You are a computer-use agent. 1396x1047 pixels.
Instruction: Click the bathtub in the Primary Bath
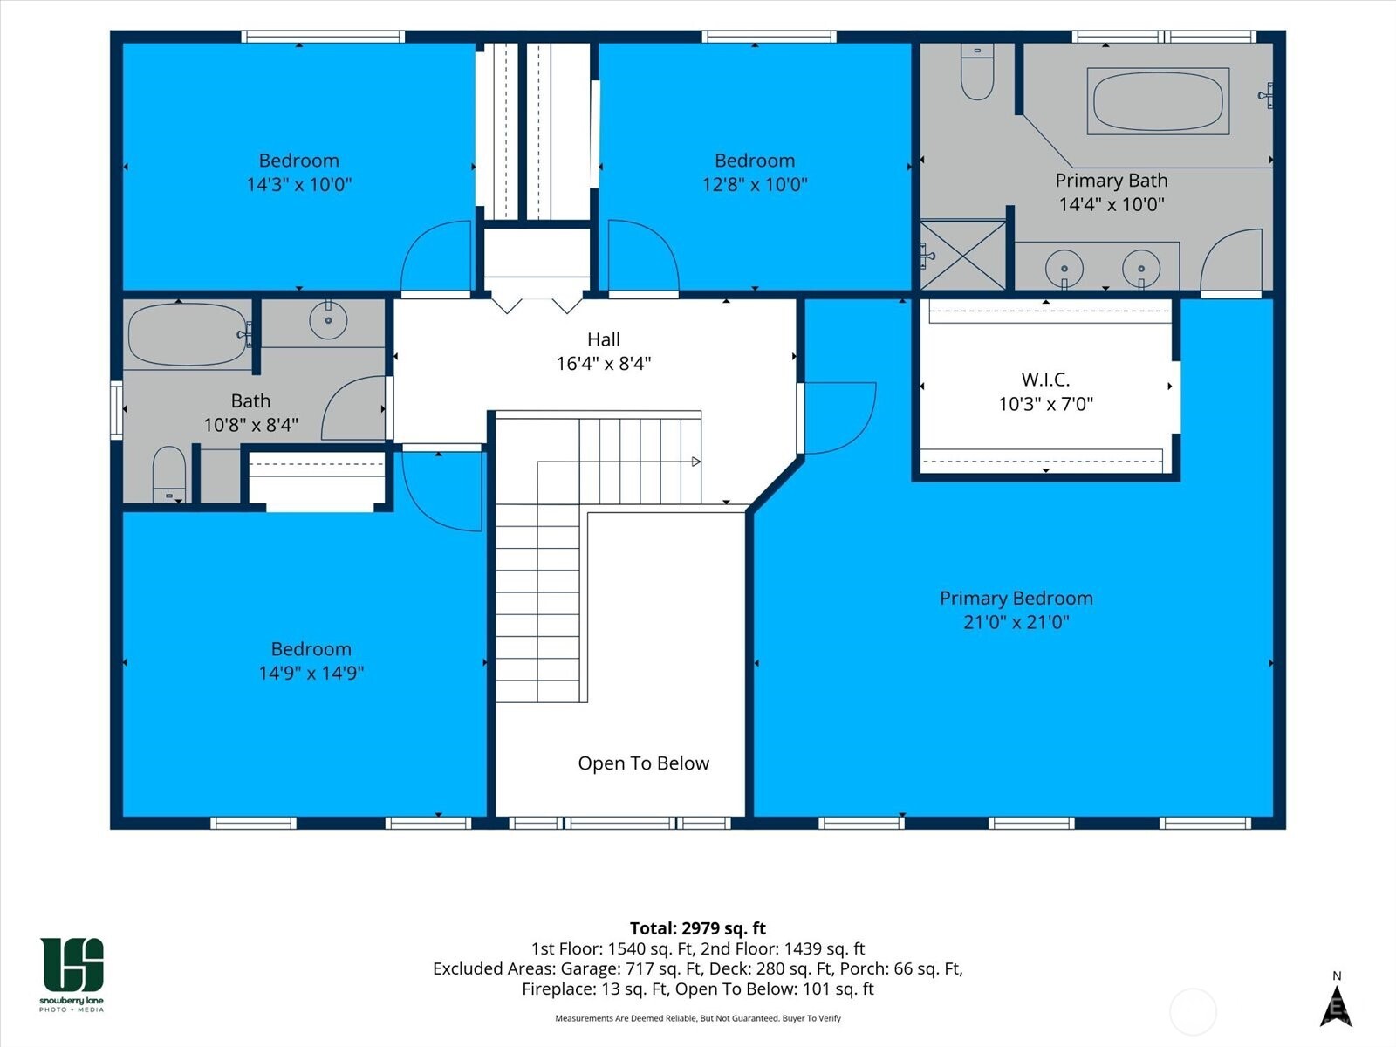coord(1158,101)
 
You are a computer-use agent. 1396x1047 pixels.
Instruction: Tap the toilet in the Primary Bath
coord(977,72)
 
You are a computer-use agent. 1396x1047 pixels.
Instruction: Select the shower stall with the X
coord(963,255)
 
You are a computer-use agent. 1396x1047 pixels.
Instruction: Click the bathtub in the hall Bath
coord(189,334)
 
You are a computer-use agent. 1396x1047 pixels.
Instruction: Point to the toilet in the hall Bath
coord(169,475)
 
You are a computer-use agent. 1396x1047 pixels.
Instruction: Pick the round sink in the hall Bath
coord(328,319)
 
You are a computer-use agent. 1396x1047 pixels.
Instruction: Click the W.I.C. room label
coord(1045,380)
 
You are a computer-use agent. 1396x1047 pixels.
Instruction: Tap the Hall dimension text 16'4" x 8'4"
coord(604,364)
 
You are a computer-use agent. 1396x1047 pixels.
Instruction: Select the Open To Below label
coord(644,763)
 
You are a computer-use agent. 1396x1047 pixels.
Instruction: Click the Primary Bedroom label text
coord(1016,599)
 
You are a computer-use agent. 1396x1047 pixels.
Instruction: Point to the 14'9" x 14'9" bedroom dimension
coord(311,673)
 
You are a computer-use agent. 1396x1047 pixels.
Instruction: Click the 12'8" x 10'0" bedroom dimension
coord(755,184)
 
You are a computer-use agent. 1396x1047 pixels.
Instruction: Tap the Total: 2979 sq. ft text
coord(698,928)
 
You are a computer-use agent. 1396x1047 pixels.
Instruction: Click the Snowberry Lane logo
coord(72,973)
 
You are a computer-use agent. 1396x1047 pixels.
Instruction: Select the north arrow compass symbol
coord(1336,1004)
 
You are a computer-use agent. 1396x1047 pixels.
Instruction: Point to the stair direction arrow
coord(695,462)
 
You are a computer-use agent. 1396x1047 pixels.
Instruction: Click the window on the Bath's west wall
coord(116,410)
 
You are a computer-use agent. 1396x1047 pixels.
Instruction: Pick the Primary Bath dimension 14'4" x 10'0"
coord(1112,204)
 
